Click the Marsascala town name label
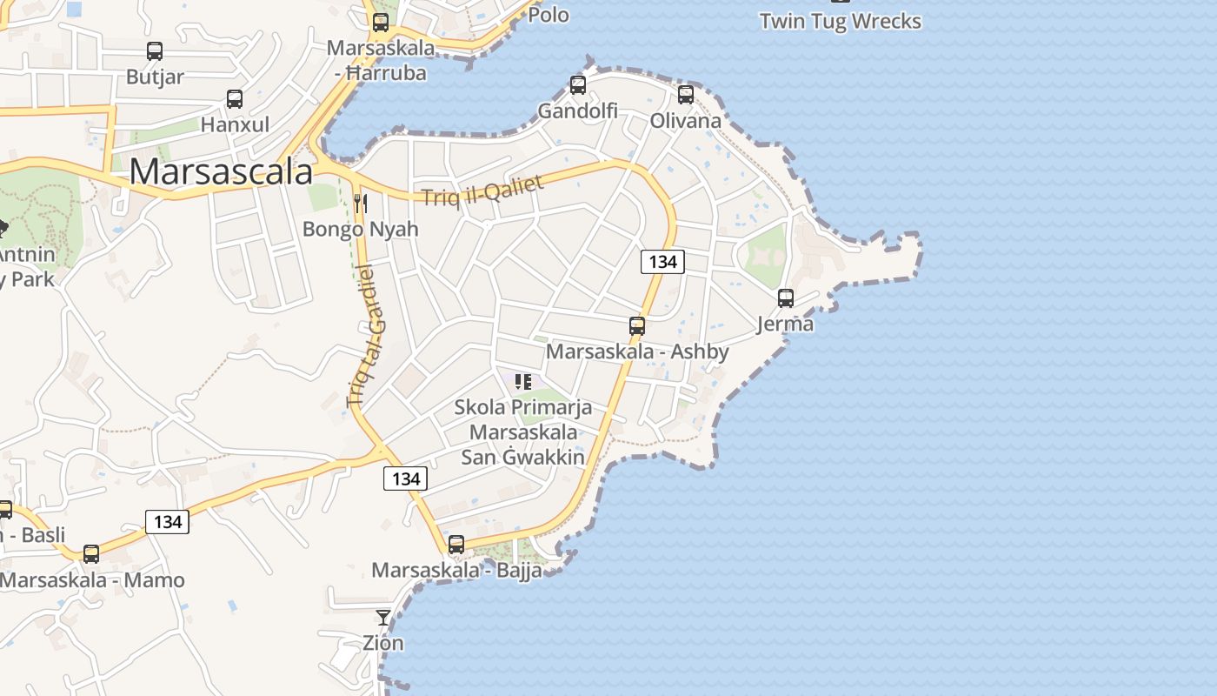[x=221, y=171]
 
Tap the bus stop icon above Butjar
[x=155, y=51]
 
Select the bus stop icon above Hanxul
[x=235, y=99]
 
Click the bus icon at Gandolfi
[x=578, y=85]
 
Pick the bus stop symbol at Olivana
[x=686, y=94]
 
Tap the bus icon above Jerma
[x=786, y=298]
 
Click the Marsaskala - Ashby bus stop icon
[x=637, y=326]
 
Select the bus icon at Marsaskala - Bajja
[x=456, y=545]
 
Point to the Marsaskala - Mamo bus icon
[x=91, y=553]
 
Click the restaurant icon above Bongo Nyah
[x=361, y=204]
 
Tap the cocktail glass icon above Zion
[x=383, y=618]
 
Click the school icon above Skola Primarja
[x=523, y=381]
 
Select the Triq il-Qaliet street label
[x=483, y=190]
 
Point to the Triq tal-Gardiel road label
[x=365, y=336]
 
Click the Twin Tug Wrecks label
[x=840, y=21]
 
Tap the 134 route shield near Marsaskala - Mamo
[x=167, y=521]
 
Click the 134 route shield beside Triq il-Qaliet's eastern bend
[x=662, y=261]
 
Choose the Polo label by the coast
[x=549, y=14]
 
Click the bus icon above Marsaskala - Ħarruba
[x=381, y=23]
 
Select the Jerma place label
[x=785, y=324]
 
